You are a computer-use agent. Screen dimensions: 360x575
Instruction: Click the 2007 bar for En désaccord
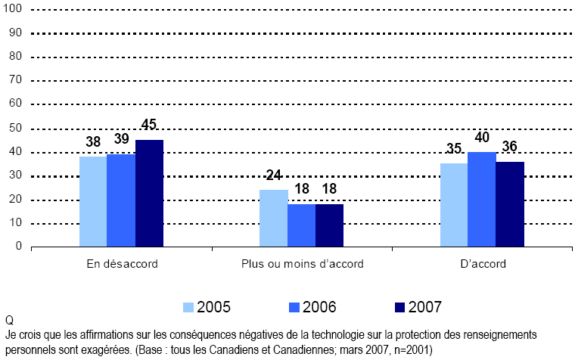[149, 193]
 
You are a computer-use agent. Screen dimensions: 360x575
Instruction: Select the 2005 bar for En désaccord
[93, 201]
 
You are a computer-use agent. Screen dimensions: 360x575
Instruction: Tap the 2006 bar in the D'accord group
[482, 199]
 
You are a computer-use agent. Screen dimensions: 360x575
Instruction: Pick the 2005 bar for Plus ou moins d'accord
[273, 218]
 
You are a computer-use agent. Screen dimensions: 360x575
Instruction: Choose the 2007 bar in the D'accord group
[510, 203]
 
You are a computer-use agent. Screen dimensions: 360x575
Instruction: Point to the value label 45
[149, 125]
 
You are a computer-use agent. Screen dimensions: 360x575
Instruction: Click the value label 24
[273, 175]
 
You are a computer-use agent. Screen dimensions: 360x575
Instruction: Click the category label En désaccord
[121, 264]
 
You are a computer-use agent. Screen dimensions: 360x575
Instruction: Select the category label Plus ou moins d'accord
[303, 264]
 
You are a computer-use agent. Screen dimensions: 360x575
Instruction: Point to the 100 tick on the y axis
[15, 8]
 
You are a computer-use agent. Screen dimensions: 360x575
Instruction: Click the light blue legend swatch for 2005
[188, 307]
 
